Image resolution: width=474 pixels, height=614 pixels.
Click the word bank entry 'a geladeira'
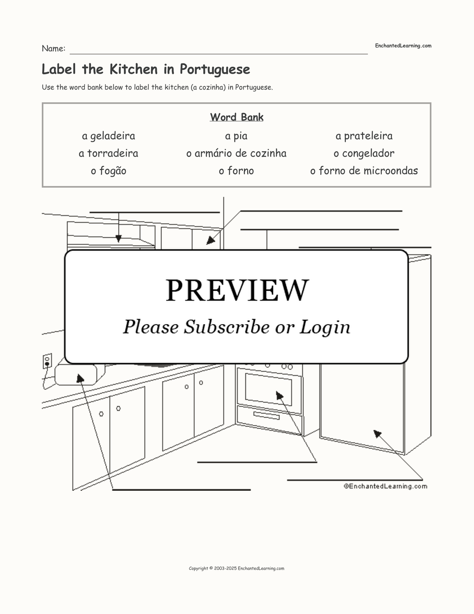pyautogui.click(x=108, y=136)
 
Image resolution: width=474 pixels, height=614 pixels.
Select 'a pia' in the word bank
pyautogui.click(x=236, y=136)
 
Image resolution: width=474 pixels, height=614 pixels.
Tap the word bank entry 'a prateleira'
pyautogui.click(x=364, y=136)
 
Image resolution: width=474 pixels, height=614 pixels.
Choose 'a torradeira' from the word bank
pyautogui.click(x=108, y=153)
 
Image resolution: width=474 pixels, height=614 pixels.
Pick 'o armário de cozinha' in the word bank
pyautogui.click(x=236, y=153)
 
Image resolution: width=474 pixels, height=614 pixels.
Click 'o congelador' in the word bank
pyautogui.click(x=364, y=154)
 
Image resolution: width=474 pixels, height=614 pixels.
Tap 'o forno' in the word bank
pyautogui.click(x=236, y=171)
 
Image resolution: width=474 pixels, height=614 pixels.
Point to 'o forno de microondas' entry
pyautogui.click(x=364, y=171)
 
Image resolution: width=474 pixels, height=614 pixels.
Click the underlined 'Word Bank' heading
pyautogui.click(x=237, y=117)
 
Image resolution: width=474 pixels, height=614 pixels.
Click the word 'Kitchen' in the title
pyautogui.click(x=134, y=69)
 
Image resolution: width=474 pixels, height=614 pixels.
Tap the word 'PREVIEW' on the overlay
pyautogui.click(x=237, y=290)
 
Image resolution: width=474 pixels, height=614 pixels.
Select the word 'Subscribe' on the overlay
pyautogui.click(x=227, y=327)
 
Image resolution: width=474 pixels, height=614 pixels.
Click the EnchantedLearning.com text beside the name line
pyautogui.click(x=403, y=46)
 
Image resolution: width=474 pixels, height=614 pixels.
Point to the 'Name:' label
pyautogui.click(x=54, y=48)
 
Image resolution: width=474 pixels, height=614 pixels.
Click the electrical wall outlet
pyautogui.click(x=47, y=361)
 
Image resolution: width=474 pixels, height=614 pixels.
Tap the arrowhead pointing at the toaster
pyautogui.click(x=80, y=378)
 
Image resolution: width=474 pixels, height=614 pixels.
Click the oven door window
pyautogui.click(x=268, y=389)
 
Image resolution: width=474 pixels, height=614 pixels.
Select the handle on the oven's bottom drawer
pyautogui.click(x=266, y=416)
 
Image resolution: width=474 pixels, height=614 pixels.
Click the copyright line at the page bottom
pyautogui.click(x=237, y=569)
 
